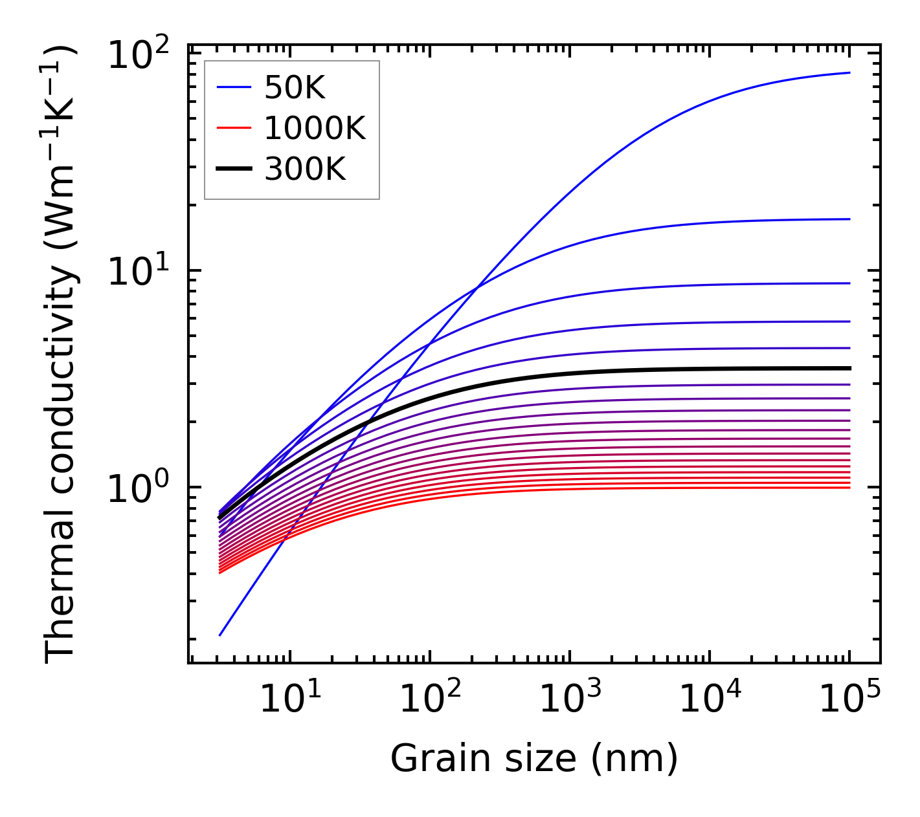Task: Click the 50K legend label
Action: coord(295,87)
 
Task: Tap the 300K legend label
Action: coord(305,169)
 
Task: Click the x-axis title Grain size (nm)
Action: coord(534,758)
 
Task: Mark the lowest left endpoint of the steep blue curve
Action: coord(220,635)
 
